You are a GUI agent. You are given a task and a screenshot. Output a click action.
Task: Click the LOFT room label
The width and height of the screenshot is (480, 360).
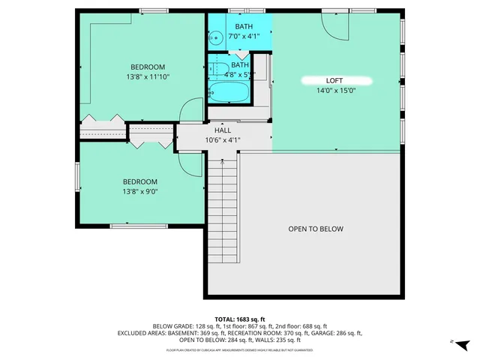pyautogui.click(x=334, y=80)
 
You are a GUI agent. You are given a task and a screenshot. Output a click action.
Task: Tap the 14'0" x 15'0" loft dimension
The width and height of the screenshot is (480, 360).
pyautogui.click(x=334, y=91)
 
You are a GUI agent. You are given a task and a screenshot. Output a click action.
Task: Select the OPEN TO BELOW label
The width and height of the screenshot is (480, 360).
pyautogui.click(x=316, y=229)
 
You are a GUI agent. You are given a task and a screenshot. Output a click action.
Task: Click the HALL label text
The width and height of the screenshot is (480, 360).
pyautogui.click(x=223, y=130)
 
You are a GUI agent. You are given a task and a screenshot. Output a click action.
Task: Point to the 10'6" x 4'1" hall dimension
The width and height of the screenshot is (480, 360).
pyautogui.click(x=223, y=139)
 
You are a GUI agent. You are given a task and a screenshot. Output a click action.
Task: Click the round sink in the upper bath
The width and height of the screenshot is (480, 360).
pyautogui.click(x=214, y=35)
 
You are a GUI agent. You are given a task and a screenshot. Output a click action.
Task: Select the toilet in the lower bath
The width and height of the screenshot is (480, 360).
pyautogui.click(x=217, y=70)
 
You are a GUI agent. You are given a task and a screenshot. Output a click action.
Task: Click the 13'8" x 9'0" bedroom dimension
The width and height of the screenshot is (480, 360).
pyautogui.click(x=140, y=191)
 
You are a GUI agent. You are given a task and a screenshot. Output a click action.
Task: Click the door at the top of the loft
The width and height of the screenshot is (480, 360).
pyautogui.click(x=335, y=27)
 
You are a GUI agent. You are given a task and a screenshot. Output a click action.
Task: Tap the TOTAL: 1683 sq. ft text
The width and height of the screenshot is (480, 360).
pyautogui.click(x=240, y=319)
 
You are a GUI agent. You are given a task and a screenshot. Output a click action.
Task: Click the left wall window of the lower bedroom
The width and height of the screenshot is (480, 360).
pyautogui.click(x=77, y=177)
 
